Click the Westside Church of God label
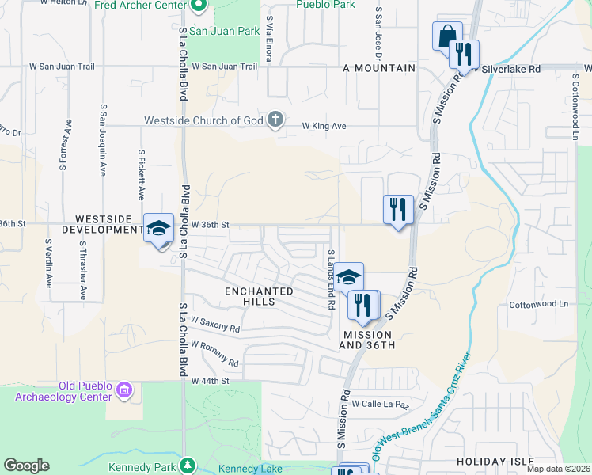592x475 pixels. point(203,121)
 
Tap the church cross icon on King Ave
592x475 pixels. point(275,120)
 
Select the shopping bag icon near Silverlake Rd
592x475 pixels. point(446,36)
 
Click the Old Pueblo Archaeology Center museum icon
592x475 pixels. point(124,389)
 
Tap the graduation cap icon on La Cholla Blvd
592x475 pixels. point(158,228)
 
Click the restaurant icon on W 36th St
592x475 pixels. point(398,209)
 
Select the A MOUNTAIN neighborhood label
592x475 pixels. point(379,69)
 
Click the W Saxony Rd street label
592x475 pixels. point(214,324)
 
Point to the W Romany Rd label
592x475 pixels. point(214,352)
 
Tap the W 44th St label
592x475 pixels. point(210,381)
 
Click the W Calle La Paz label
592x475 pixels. point(380,404)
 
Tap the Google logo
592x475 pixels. point(26,465)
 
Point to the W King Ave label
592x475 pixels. point(325,125)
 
